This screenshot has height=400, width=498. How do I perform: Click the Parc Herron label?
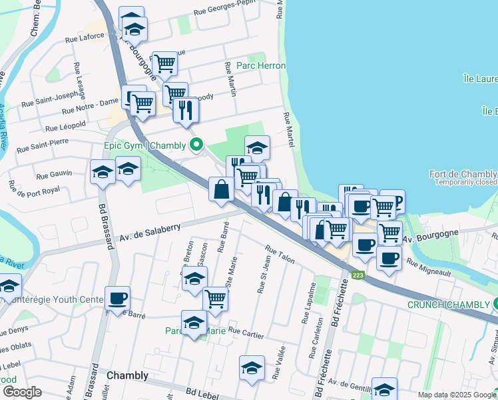tap(261, 66)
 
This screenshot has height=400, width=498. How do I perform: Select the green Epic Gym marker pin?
tap(196, 145)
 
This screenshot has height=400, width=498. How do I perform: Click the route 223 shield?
tap(358, 275)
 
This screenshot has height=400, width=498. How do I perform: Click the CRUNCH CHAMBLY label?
tap(448, 305)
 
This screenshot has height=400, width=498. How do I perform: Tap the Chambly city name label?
tap(127, 375)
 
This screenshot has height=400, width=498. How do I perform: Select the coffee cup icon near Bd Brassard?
tap(117, 298)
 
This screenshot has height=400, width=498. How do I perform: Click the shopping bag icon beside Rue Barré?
tap(221, 189)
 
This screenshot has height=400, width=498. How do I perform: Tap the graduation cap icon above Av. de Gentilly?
tap(384, 389)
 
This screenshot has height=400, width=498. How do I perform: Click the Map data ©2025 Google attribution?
tap(457, 395)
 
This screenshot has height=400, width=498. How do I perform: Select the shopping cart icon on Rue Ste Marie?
tap(215, 299)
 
